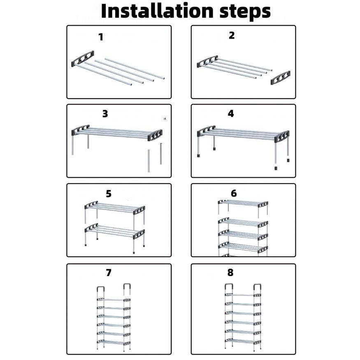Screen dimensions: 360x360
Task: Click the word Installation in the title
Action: [x=157, y=11]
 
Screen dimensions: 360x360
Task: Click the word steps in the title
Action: [x=245, y=12]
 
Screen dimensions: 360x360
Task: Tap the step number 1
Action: [x=101, y=37]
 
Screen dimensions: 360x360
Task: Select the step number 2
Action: [x=232, y=35]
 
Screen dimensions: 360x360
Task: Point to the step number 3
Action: [x=105, y=114]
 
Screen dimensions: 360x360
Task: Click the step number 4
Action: [x=231, y=114]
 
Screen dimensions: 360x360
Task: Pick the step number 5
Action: [x=109, y=193]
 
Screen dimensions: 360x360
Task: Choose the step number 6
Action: [x=234, y=193]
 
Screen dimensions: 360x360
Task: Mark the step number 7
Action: [x=109, y=272]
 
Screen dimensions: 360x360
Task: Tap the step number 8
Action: [x=230, y=272]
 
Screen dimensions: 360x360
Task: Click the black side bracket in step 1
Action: [x=83, y=59]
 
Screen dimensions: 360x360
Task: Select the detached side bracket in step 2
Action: [x=280, y=78]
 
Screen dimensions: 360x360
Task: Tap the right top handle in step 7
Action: [x=127, y=288]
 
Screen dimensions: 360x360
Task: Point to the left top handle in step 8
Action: [x=228, y=288]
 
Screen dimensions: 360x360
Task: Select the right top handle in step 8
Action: [x=258, y=288]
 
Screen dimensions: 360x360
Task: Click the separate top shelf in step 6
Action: [x=243, y=208]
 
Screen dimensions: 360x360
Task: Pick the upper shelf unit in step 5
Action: [x=115, y=212]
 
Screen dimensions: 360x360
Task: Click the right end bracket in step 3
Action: [x=155, y=135]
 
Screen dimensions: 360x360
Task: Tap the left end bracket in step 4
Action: [x=206, y=131]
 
